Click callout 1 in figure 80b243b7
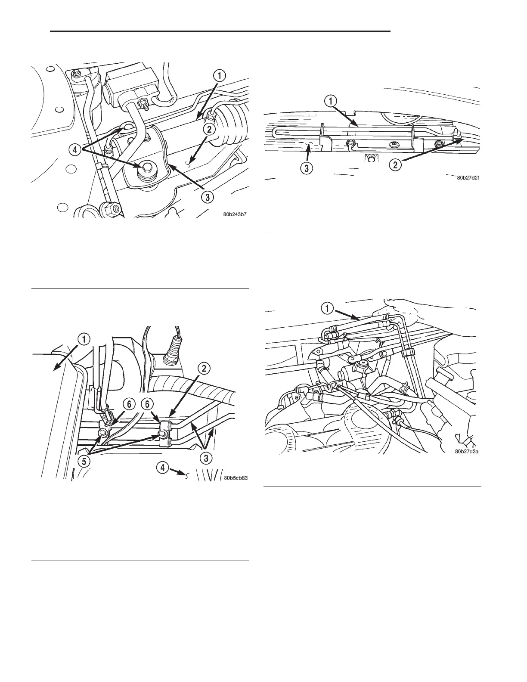point(219,77)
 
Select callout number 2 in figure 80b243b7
point(208,128)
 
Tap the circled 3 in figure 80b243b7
point(208,198)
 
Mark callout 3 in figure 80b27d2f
point(306,169)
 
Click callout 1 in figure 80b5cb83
point(84,339)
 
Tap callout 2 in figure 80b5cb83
point(204,368)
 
